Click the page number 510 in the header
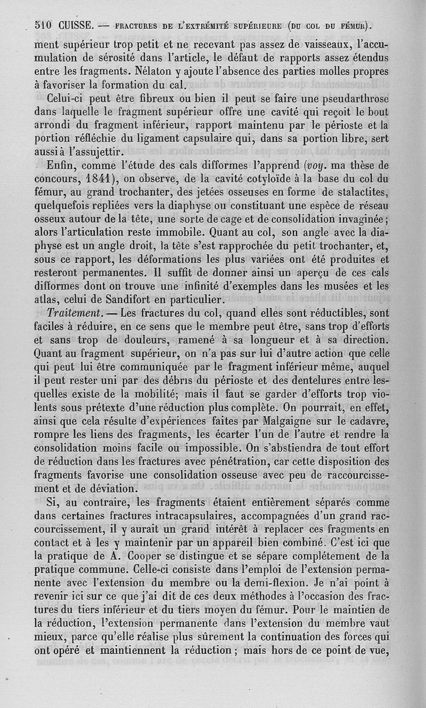coord(43,25)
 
